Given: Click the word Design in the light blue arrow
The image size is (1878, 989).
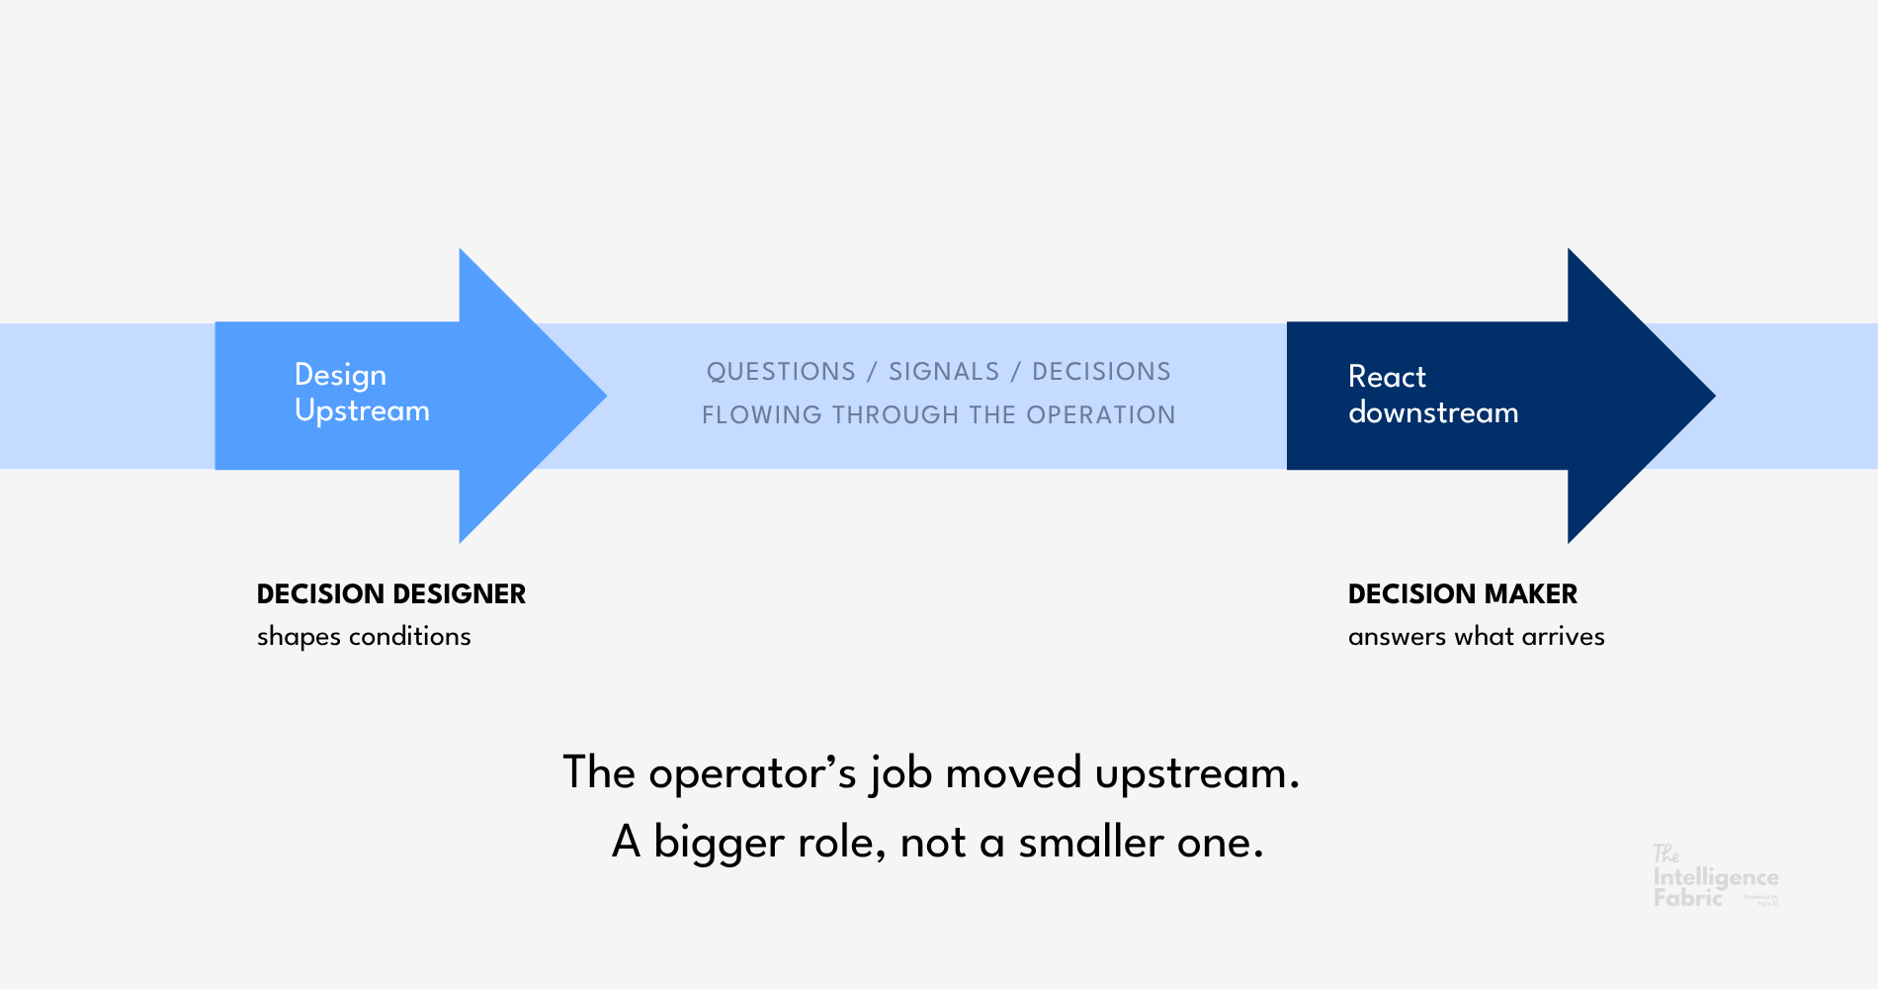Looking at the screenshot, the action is pyautogui.click(x=340, y=376).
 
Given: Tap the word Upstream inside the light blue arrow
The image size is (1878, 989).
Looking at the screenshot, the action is pyautogui.click(x=362, y=411).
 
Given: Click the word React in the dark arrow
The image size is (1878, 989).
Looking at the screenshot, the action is pyautogui.click(x=1387, y=377).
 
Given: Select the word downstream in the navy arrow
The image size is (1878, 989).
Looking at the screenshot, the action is pyautogui.click(x=1433, y=412).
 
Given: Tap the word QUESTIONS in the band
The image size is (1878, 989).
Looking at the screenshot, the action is pyautogui.click(x=781, y=372).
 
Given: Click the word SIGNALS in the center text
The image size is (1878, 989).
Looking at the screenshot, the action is pyautogui.click(x=944, y=372).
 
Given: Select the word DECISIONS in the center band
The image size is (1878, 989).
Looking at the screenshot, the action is pyautogui.click(x=1101, y=372).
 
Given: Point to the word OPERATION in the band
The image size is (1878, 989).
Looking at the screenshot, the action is pyautogui.click(x=1101, y=415).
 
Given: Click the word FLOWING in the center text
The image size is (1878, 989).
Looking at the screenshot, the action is pyautogui.click(x=761, y=415).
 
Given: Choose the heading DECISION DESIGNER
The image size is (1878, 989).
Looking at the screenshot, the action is pyautogui.click(x=391, y=594).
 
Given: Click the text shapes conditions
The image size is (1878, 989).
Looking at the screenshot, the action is pyautogui.click(x=364, y=637).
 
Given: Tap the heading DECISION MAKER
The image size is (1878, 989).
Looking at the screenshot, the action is pyautogui.click(x=1463, y=594).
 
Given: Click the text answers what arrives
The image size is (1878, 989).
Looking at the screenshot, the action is pyautogui.click(x=1476, y=637).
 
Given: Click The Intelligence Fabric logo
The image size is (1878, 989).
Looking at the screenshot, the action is pyautogui.click(x=1714, y=877).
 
